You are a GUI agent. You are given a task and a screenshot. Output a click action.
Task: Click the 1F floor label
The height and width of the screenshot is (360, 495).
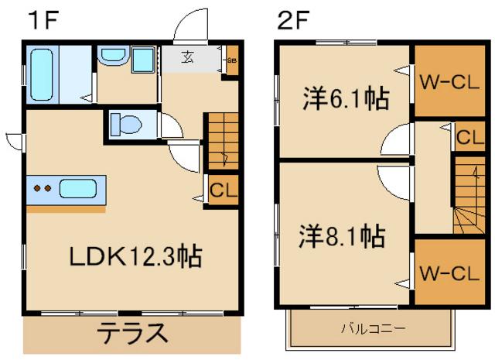[x=44, y=19]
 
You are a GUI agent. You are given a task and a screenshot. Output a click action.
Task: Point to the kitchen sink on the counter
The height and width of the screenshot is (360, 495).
[x=77, y=188]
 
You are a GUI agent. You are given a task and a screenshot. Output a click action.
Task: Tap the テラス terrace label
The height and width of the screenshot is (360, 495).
[x=131, y=334]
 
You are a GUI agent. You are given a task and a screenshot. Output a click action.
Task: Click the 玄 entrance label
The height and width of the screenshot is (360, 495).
[x=188, y=56]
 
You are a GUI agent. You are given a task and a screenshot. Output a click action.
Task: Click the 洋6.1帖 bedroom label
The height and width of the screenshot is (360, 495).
[x=344, y=99]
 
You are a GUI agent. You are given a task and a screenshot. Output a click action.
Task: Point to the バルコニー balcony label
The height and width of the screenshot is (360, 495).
[x=374, y=328]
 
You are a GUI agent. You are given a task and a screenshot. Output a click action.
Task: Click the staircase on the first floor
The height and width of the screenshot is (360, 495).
[x=219, y=139]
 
